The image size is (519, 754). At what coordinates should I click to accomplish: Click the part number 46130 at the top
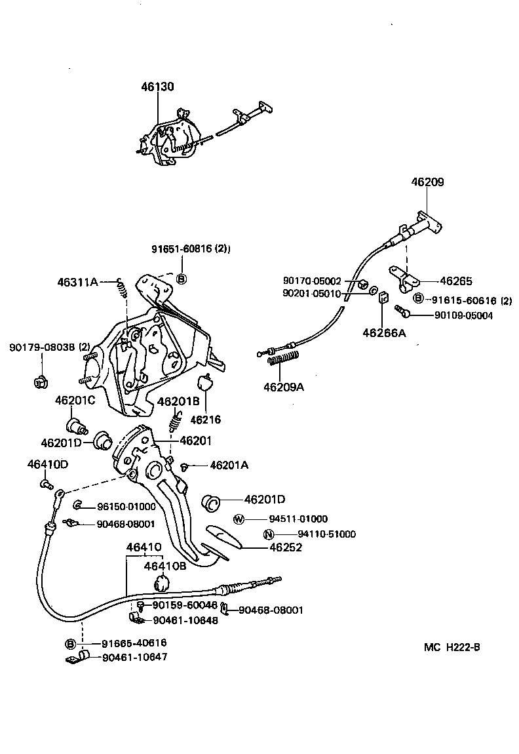(x=158, y=87)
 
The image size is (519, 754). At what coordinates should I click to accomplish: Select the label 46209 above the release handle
(x=427, y=182)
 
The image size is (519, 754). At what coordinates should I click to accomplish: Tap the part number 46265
(x=455, y=281)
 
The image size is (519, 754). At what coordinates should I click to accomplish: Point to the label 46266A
(x=383, y=333)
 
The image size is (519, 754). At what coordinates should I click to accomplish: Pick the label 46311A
(x=77, y=283)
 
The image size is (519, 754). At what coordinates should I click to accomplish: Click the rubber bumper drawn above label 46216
(x=206, y=383)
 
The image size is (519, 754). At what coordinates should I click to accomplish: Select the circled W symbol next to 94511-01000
(x=239, y=519)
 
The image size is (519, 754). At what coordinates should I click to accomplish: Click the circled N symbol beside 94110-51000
(x=268, y=534)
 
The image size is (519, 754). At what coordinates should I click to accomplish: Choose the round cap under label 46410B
(x=162, y=582)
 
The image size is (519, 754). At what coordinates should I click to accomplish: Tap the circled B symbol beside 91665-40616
(x=70, y=643)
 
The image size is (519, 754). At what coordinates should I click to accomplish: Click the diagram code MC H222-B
(x=452, y=647)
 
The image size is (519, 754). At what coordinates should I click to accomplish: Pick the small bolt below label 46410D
(x=46, y=485)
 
